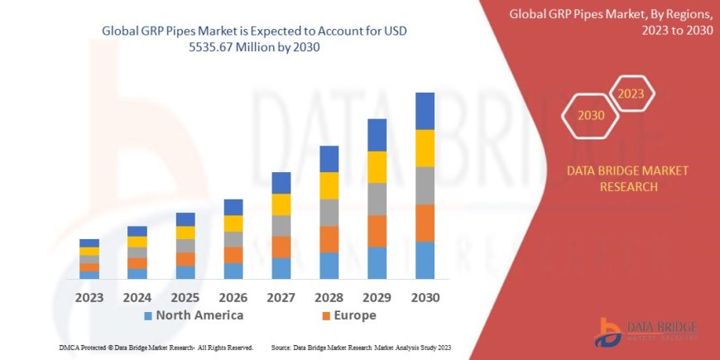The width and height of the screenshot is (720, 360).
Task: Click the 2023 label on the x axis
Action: (89, 296)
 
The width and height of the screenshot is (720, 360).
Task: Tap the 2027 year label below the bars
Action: (281, 296)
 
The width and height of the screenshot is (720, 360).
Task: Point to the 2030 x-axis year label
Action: (425, 296)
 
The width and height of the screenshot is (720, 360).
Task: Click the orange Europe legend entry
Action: (348, 315)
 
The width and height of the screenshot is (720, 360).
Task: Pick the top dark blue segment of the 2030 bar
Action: (425, 111)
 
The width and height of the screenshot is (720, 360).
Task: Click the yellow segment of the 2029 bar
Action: (377, 167)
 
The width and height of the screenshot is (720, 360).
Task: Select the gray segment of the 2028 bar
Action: (329, 213)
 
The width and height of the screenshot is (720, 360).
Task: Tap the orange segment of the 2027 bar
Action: (281, 247)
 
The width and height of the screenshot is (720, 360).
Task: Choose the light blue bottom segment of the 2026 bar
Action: (233, 271)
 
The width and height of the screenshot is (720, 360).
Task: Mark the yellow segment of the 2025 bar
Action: (185, 233)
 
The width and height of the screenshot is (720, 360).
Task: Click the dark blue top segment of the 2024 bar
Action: (137, 231)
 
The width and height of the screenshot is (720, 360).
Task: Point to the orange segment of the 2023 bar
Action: (89, 267)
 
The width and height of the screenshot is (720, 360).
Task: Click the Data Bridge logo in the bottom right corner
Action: (646, 331)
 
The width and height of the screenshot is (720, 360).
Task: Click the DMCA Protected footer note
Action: (156, 348)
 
